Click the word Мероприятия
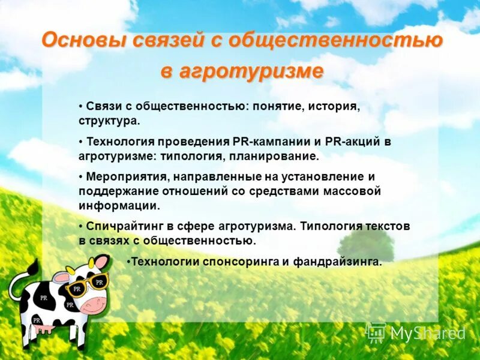pyautogui.click(x=126, y=177)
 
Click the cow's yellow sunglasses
pyautogui.click(x=88, y=284)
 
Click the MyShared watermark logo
pyautogui.click(x=417, y=333)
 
